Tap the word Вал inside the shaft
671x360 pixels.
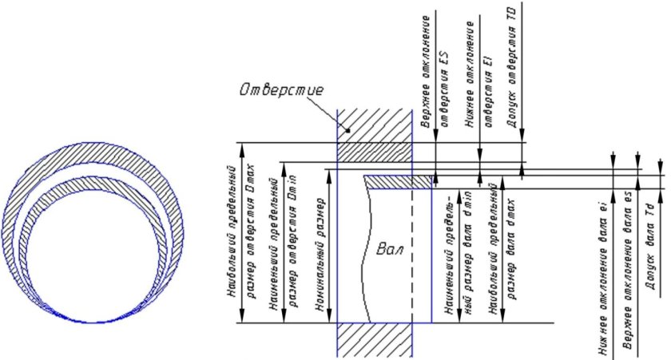click(x=387, y=250)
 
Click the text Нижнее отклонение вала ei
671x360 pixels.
click(x=609, y=272)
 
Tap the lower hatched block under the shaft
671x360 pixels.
click(x=375, y=341)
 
